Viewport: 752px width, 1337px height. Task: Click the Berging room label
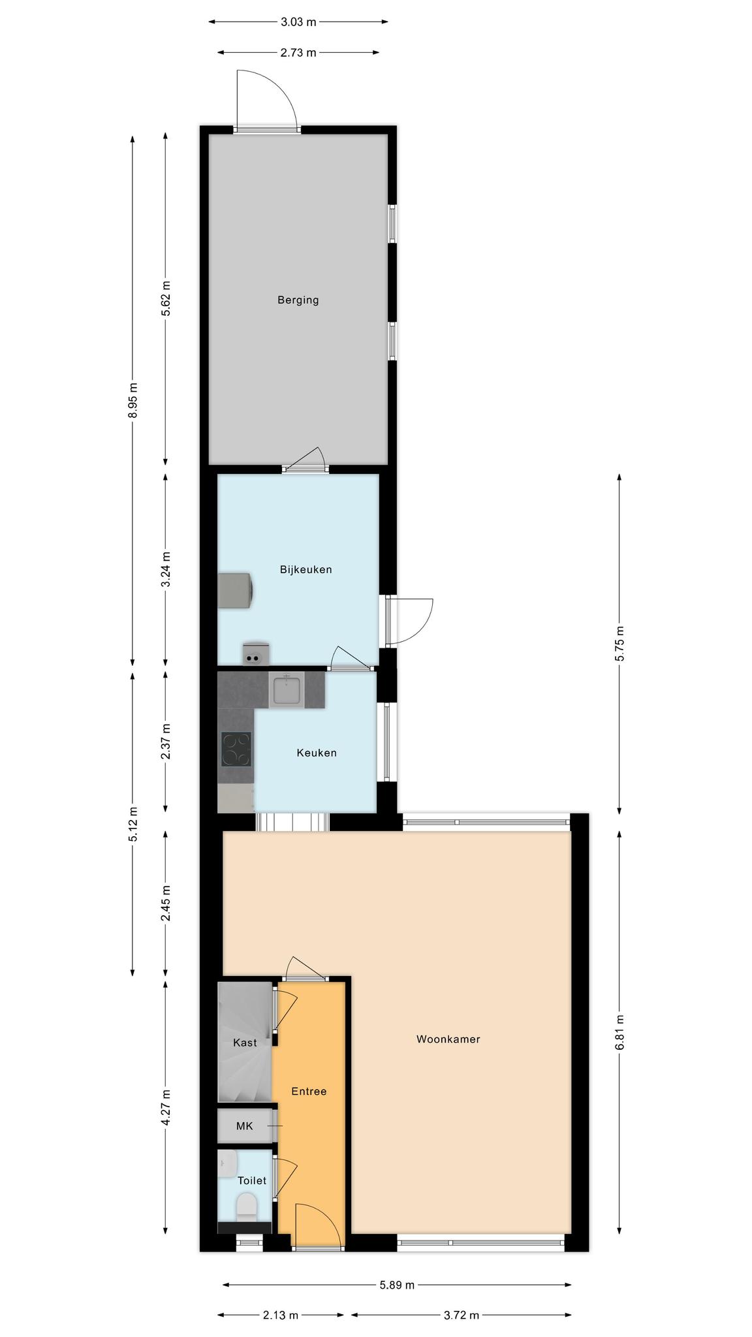pyautogui.click(x=298, y=300)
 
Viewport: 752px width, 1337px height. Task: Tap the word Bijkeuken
pyautogui.click(x=306, y=569)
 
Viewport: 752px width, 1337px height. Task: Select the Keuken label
pyautogui.click(x=317, y=753)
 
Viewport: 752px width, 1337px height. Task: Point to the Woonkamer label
pyautogui.click(x=448, y=1039)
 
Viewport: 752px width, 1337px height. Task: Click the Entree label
pyautogui.click(x=309, y=1092)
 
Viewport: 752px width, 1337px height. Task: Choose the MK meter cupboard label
pyautogui.click(x=244, y=1126)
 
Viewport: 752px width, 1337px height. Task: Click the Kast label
pyautogui.click(x=245, y=1043)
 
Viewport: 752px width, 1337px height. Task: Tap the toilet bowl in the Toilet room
pyautogui.click(x=247, y=1206)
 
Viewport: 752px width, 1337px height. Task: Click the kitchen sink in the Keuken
pyautogui.click(x=287, y=691)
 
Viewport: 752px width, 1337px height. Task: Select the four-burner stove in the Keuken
pyautogui.click(x=236, y=749)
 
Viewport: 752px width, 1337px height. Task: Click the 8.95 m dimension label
pyautogui.click(x=133, y=400)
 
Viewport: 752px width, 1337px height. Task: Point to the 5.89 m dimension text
pyautogui.click(x=397, y=1285)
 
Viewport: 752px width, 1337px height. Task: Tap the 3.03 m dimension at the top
pyautogui.click(x=298, y=22)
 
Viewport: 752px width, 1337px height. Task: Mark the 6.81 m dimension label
pyautogui.click(x=619, y=1032)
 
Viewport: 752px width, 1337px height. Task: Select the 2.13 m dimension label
pyautogui.click(x=281, y=1315)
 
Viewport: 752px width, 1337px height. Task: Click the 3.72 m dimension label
pyautogui.click(x=462, y=1315)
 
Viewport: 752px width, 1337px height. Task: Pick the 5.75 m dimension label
pyautogui.click(x=619, y=644)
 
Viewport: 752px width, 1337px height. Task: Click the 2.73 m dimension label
pyautogui.click(x=298, y=53)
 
